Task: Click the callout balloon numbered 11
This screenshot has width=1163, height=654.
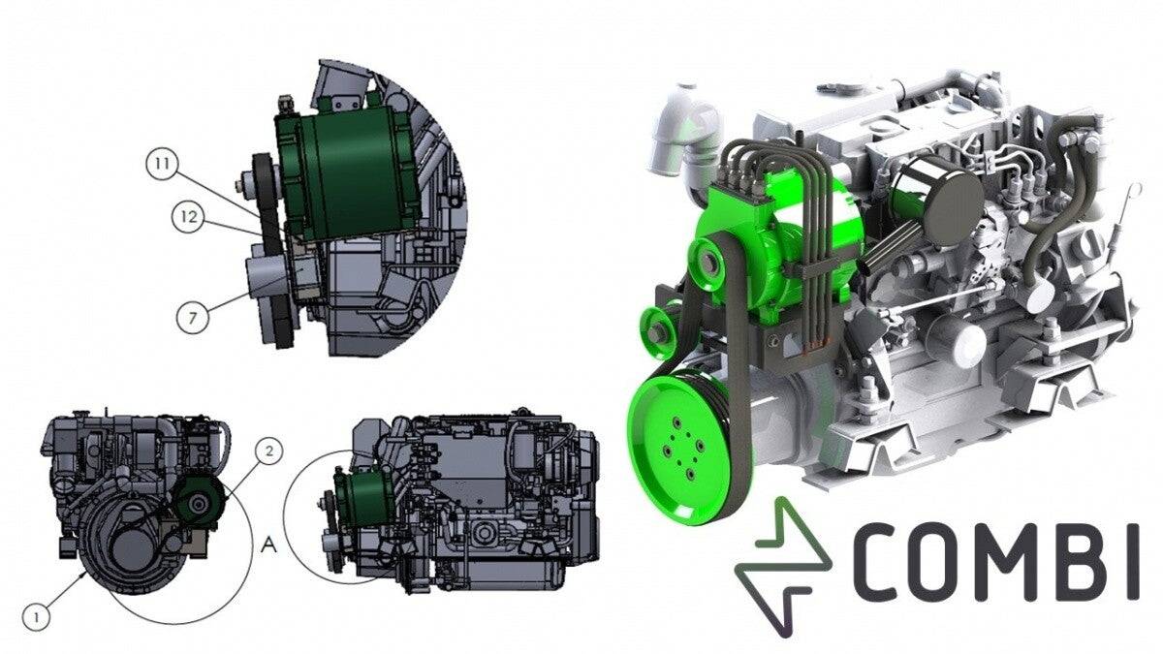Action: click(162, 165)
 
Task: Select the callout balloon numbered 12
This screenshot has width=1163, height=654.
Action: click(189, 218)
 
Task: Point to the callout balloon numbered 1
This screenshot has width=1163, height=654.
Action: click(36, 615)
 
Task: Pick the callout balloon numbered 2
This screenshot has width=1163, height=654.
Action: click(270, 450)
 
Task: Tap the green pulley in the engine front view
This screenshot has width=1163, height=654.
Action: click(201, 503)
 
